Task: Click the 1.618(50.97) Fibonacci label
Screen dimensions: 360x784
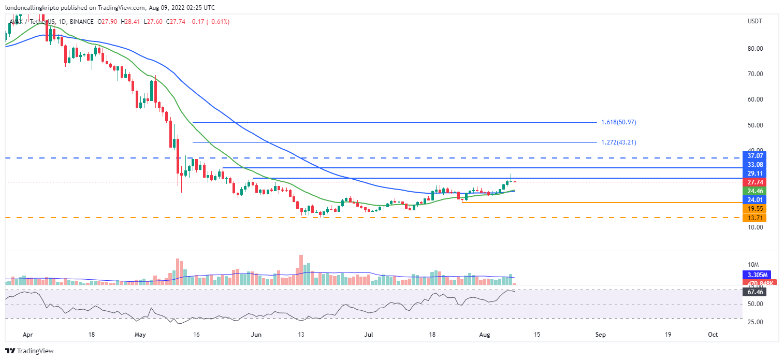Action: [x=618, y=122]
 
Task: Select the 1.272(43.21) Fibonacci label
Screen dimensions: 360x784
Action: [x=618, y=142]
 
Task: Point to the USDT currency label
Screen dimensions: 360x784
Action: [x=755, y=21]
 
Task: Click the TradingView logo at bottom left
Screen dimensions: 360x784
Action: [x=30, y=351]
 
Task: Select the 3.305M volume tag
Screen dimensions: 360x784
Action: [x=754, y=275]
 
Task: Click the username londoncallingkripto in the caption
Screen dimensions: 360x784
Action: [x=33, y=8]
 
